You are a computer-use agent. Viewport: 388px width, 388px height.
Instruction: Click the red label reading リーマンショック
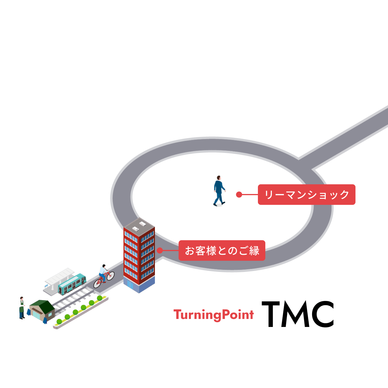pos(306,195)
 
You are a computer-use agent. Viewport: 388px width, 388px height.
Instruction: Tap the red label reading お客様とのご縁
pos(222,250)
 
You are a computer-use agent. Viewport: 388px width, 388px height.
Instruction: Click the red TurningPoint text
pos(213,315)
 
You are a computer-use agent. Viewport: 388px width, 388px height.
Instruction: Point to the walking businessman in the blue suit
pos(219,191)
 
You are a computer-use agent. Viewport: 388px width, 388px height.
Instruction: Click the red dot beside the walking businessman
pos(239,195)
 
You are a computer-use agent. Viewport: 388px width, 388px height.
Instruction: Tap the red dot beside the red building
pos(160,250)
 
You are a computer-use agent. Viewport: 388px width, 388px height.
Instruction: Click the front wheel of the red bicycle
pos(111,276)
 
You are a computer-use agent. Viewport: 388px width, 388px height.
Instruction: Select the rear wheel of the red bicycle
pos(97,283)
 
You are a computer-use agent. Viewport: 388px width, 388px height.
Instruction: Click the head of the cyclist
pos(104,266)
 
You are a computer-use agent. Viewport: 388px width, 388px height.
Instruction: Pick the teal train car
pos(72,284)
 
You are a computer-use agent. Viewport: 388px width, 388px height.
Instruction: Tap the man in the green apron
pos(22,308)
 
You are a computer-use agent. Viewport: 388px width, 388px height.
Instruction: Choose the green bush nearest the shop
pos(59,321)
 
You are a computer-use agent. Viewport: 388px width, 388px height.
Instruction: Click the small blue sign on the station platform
pos(46,286)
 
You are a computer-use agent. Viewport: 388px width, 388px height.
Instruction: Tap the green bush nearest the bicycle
pos(100,298)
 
